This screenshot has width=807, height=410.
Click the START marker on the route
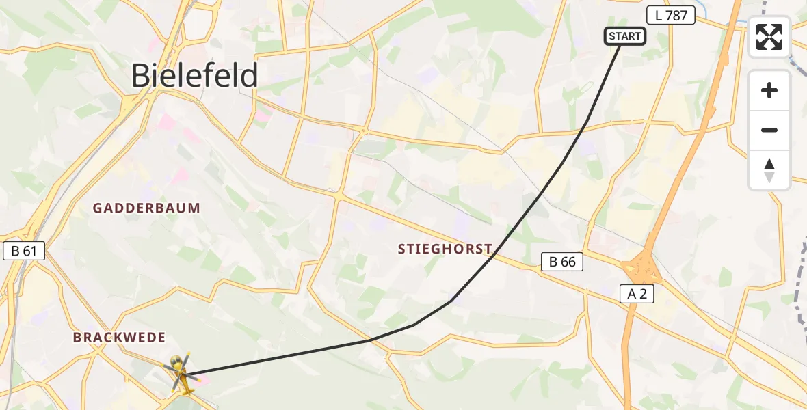coord(624,36)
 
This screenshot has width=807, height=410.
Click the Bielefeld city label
coord(194,75)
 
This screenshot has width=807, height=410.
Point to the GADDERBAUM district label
coord(146,208)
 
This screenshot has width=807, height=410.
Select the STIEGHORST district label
coord(445,249)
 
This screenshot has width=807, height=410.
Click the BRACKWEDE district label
coord(119,338)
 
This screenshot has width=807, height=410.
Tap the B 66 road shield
coord(562,261)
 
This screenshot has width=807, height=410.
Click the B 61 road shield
coord(24,251)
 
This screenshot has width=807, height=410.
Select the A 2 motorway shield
coord(637,294)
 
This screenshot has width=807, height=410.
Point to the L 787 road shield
coord(670,15)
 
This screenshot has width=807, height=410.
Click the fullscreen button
coord(769,37)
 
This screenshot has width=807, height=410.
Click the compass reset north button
coord(769,170)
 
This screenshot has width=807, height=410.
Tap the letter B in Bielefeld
coord(141,75)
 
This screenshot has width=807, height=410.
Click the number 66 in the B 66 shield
coord(569,261)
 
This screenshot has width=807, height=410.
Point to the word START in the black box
coord(624,36)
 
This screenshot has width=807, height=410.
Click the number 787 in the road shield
coord(676,15)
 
